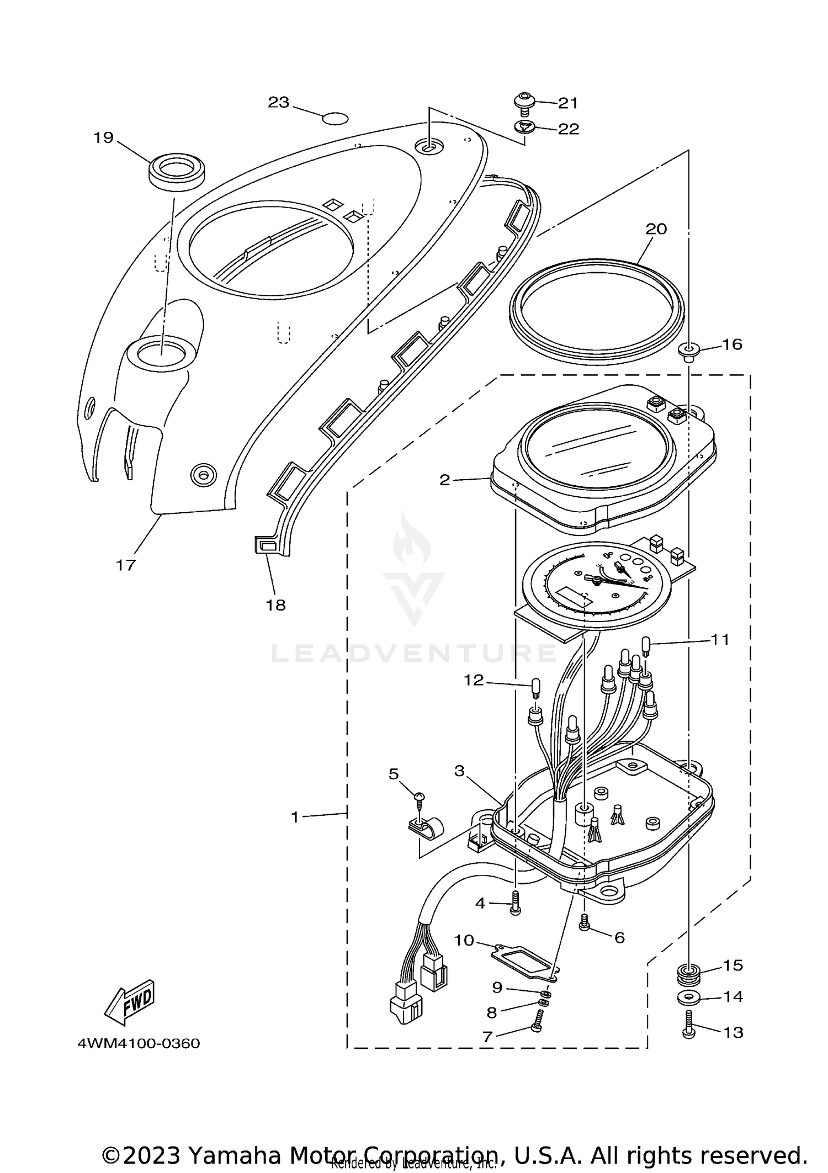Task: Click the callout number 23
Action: tap(279, 102)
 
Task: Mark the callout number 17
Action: tap(125, 565)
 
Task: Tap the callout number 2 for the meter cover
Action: tap(444, 480)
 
